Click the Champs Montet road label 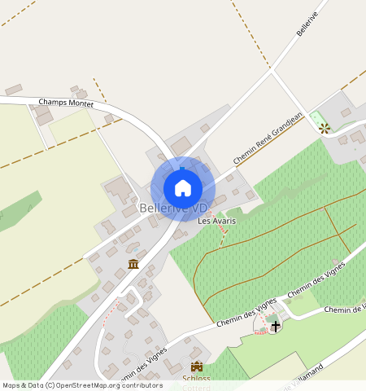pos(67,103)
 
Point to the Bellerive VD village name pos(174,209)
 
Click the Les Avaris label pos(216,221)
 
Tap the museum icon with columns pos(133,264)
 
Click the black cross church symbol pos(276,327)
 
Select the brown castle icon pos(196,367)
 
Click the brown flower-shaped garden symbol pos(325,127)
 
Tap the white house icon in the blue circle pos(183,188)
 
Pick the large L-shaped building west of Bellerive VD pos(120,191)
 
